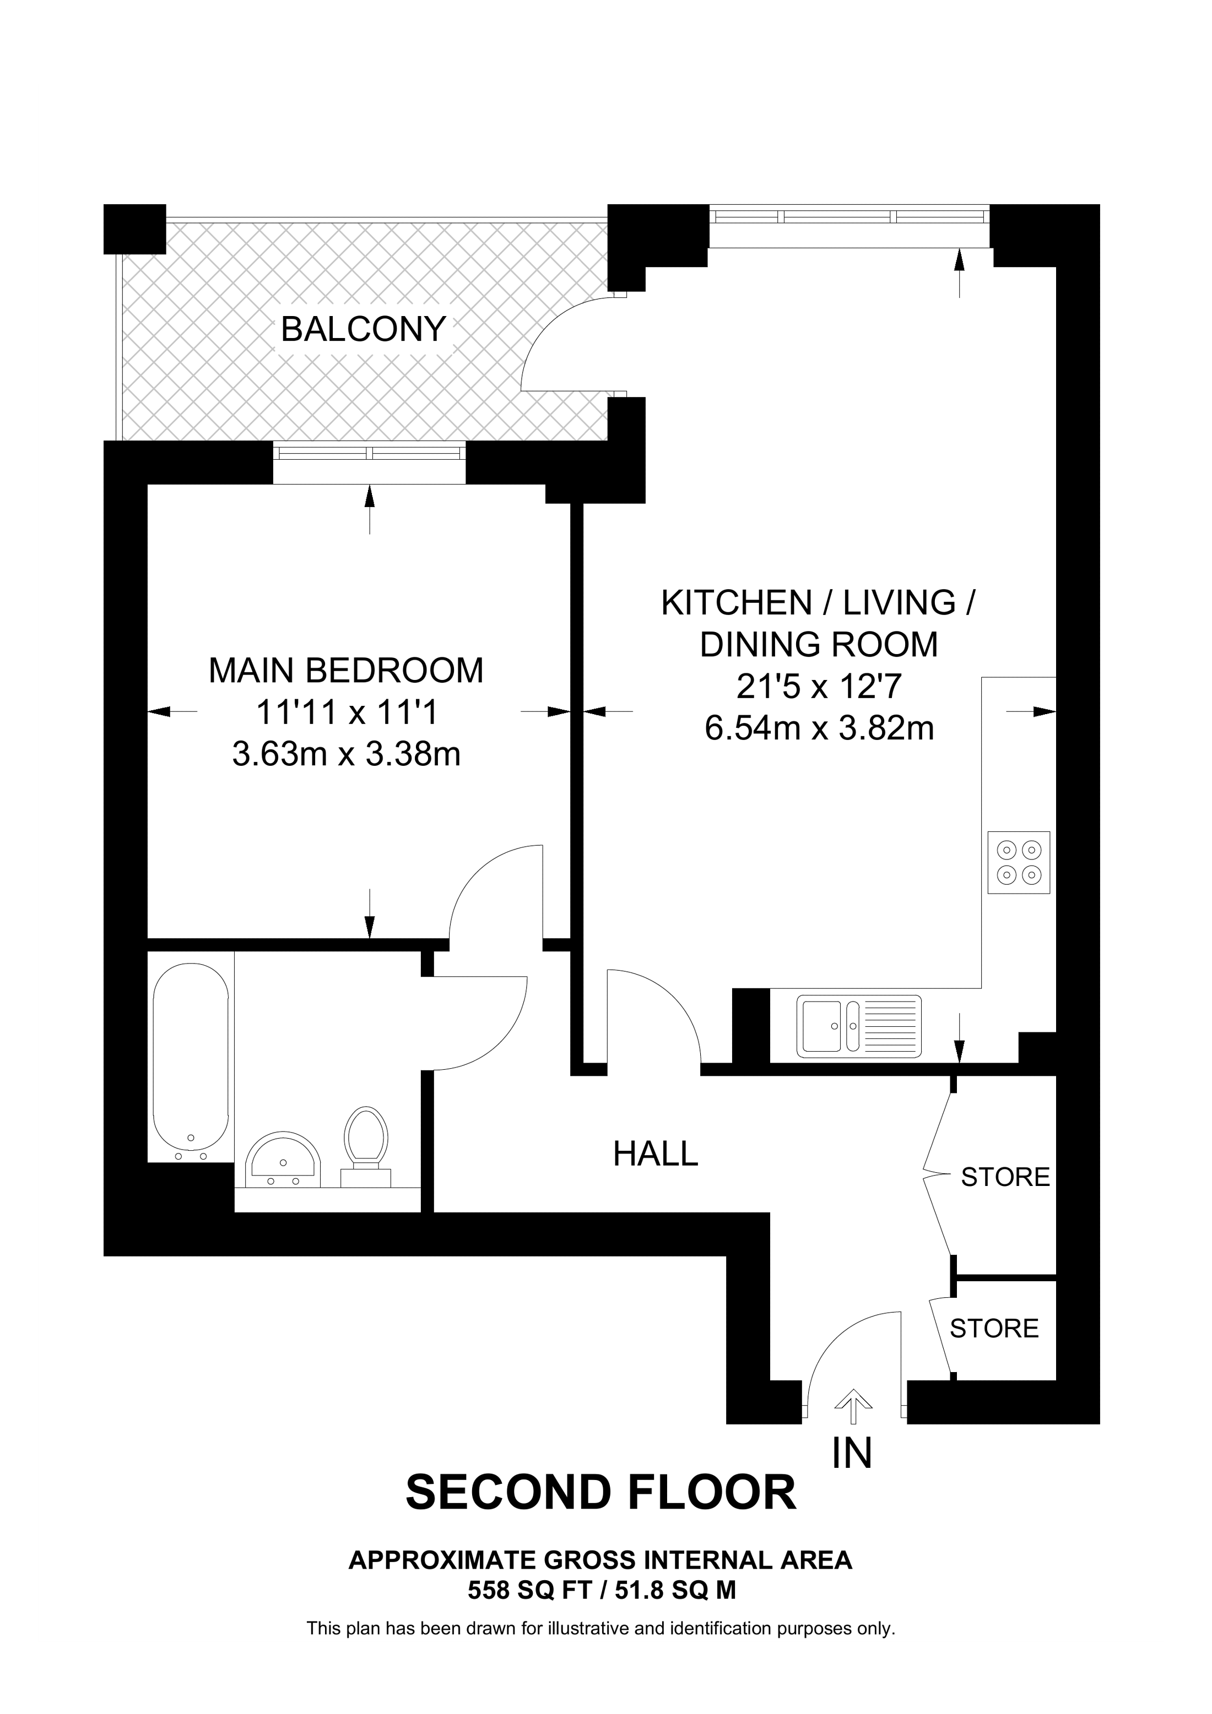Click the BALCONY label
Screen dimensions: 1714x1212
coord(363,329)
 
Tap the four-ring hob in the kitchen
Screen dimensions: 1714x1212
coord(1019,862)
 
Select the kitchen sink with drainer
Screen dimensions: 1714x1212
coord(859,1026)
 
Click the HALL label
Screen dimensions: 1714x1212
coord(655,1153)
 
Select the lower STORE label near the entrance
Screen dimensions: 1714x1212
coord(994,1328)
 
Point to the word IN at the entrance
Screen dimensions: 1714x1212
coord(852,1452)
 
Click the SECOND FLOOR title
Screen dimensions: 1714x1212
coord(600,1493)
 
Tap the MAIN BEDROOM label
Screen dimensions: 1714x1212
coord(346,671)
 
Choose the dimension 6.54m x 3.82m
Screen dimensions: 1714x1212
coord(819,728)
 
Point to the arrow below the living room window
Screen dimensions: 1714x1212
coord(960,273)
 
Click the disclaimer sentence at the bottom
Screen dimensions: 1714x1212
coord(600,1629)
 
